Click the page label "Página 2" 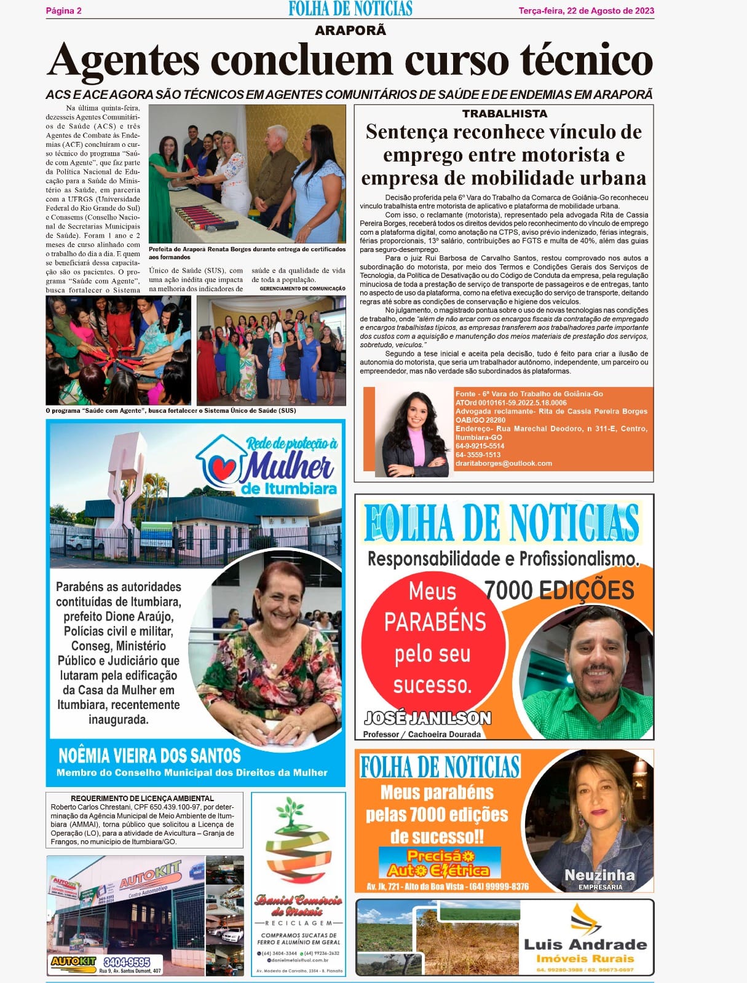pos(64,10)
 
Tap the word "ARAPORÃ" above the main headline pos(350,30)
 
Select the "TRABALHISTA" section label pos(504,114)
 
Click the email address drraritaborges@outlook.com pos(504,463)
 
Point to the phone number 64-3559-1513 pos(478,455)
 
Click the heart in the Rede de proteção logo pos(224,468)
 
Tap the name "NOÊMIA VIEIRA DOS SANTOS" pos(149,755)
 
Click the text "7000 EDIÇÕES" pos(559,590)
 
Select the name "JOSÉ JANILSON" pos(427,718)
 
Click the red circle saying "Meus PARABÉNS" pos(433,637)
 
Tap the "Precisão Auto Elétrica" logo pos(439,863)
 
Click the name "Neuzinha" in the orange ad pos(599,875)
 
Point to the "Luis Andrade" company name pos(585,944)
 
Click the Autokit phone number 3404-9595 pos(127,961)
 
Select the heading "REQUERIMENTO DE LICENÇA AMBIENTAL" pos(143,798)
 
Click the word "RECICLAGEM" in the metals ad pos(299,923)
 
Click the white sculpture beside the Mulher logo pos(128,473)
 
